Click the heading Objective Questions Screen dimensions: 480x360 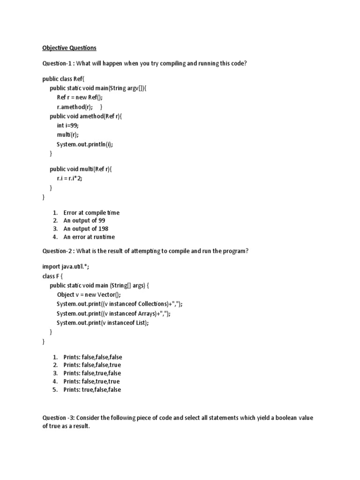pyautogui.click(x=69, y=48)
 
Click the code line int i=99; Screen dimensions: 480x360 pyautogui.click(x=68, y=126)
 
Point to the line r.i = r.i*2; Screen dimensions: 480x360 pyautogui.click(x=69, y=179)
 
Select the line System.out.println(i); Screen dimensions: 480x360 pyautogui.click(x=85, y=144)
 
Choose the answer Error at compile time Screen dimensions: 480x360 pyautogui.click(x=91, y=212)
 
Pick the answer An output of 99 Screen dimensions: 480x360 pyautogui.click(x=86, y=220)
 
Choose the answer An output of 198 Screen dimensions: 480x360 pyautogui.click(x=86, y=229)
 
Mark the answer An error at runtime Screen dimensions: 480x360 pyautogui.click(x=89, y=237)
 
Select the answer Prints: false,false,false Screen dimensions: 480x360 pyautogui.click(x=93, y=357)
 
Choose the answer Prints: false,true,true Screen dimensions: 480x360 pyautogui.click(x=92, y=381)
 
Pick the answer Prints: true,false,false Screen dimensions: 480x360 pyautogui.click(x=92, y=390)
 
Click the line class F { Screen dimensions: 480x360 pyautogui.click(x=52, y=276)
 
